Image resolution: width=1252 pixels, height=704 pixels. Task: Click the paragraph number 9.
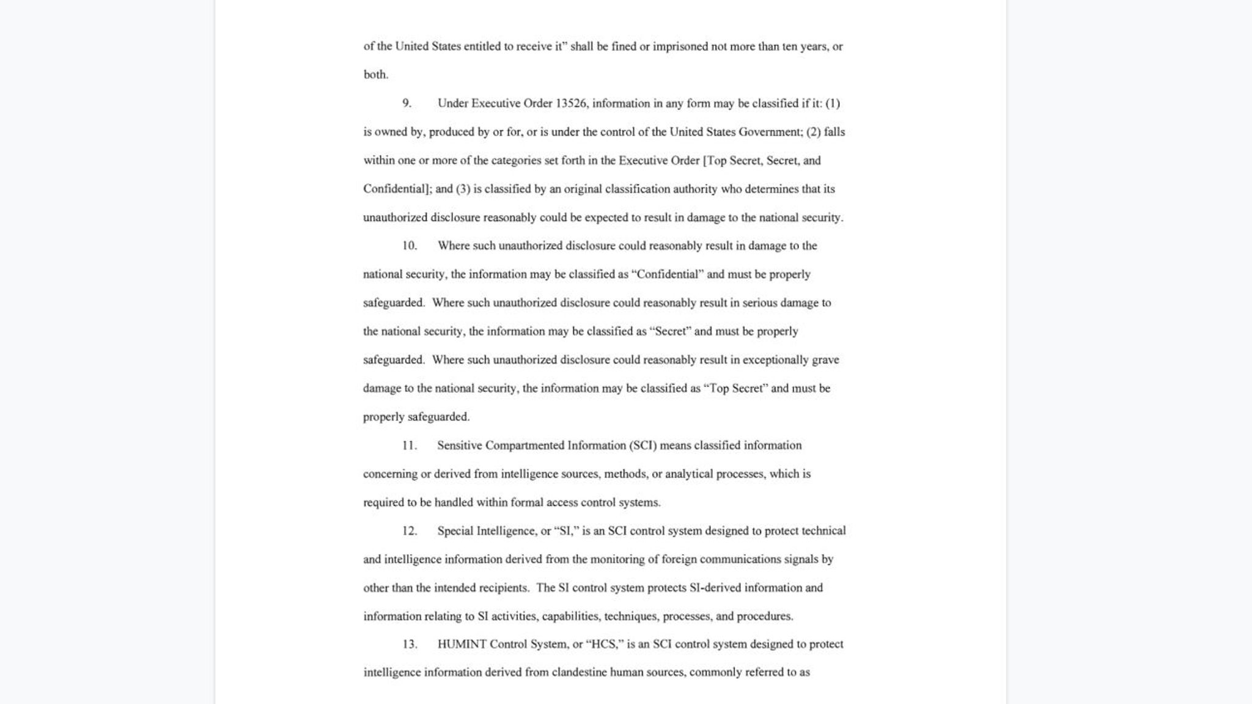(x=407, y=103)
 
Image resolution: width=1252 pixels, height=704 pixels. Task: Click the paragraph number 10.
(x=409, y=246)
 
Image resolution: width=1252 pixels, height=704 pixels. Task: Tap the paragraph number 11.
(x=409, y=446)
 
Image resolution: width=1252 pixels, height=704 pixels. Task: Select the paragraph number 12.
(x=409, y=531)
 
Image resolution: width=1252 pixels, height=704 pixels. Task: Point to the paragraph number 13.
(x=409, y=644)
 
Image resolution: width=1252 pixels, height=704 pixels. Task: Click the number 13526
(x=571, y=103)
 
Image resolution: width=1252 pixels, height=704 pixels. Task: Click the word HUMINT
(x=462, y=644)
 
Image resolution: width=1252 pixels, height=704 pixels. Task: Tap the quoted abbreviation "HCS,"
(x=604, y=644)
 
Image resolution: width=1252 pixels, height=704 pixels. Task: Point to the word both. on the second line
(x=376, y=75)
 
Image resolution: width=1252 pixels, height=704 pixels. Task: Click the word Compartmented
(x=525, y=446)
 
